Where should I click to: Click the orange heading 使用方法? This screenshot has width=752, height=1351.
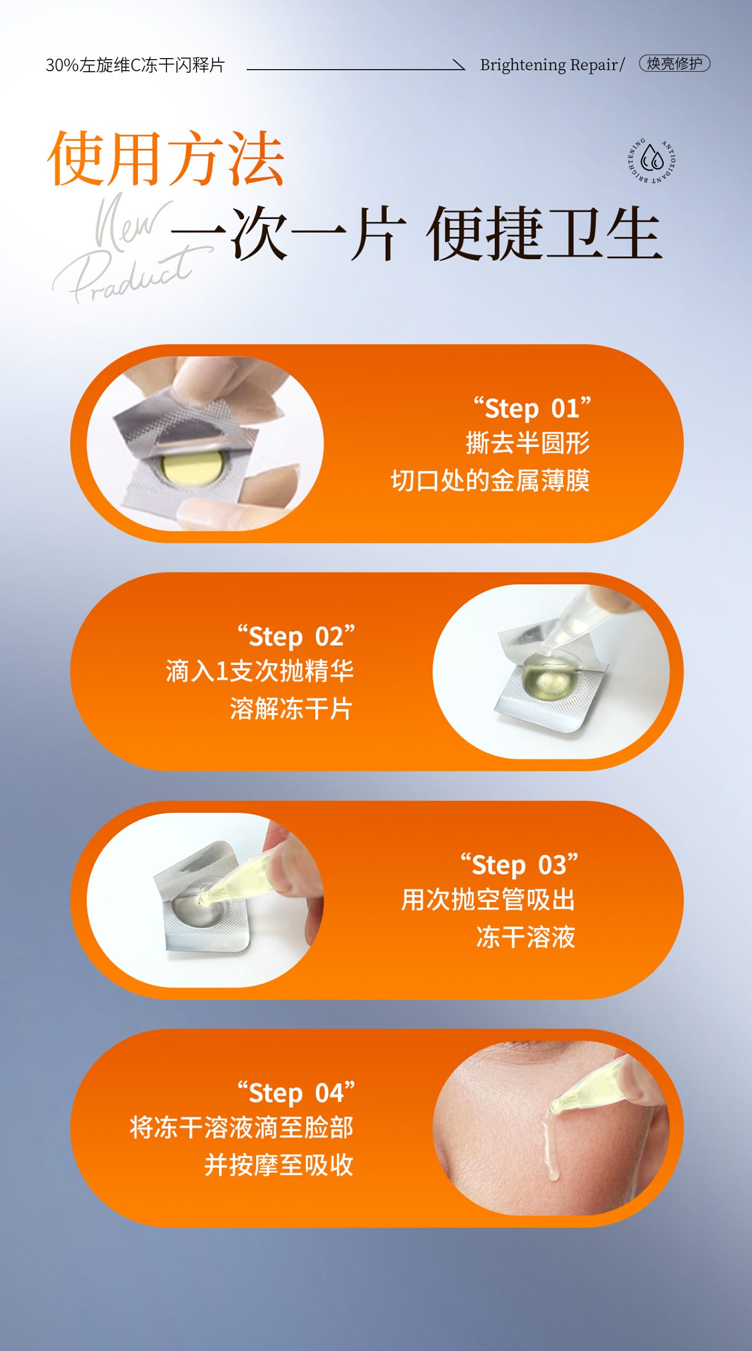(x=166, y=158)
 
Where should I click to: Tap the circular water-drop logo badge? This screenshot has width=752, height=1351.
(x=652, y=160)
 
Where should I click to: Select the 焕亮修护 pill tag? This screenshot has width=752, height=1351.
(x=674, y=63)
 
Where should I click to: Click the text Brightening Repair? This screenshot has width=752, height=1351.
(x=549, y=65)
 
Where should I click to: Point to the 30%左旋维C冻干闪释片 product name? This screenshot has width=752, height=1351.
(x=135, y=65)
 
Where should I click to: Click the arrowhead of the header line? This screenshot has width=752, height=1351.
(x=460, y=65)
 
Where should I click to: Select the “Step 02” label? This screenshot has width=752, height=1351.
(x=296, y=636)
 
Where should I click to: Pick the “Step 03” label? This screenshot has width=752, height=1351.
(x=519, y=864)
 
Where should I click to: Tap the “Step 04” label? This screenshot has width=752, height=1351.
(x=296, y=1092)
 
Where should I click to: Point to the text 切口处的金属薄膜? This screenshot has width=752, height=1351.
(x=490, y=480)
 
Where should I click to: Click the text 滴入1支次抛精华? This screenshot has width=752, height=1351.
(x=259, y=671)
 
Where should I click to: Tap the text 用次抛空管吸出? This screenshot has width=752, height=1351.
(x=488, y=899)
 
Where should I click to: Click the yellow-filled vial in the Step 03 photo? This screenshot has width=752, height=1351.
(x=240, y=880)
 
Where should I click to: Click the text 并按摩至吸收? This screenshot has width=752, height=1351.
(x=279, y=1165)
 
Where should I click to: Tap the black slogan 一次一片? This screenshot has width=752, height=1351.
(x=288, y=233)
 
